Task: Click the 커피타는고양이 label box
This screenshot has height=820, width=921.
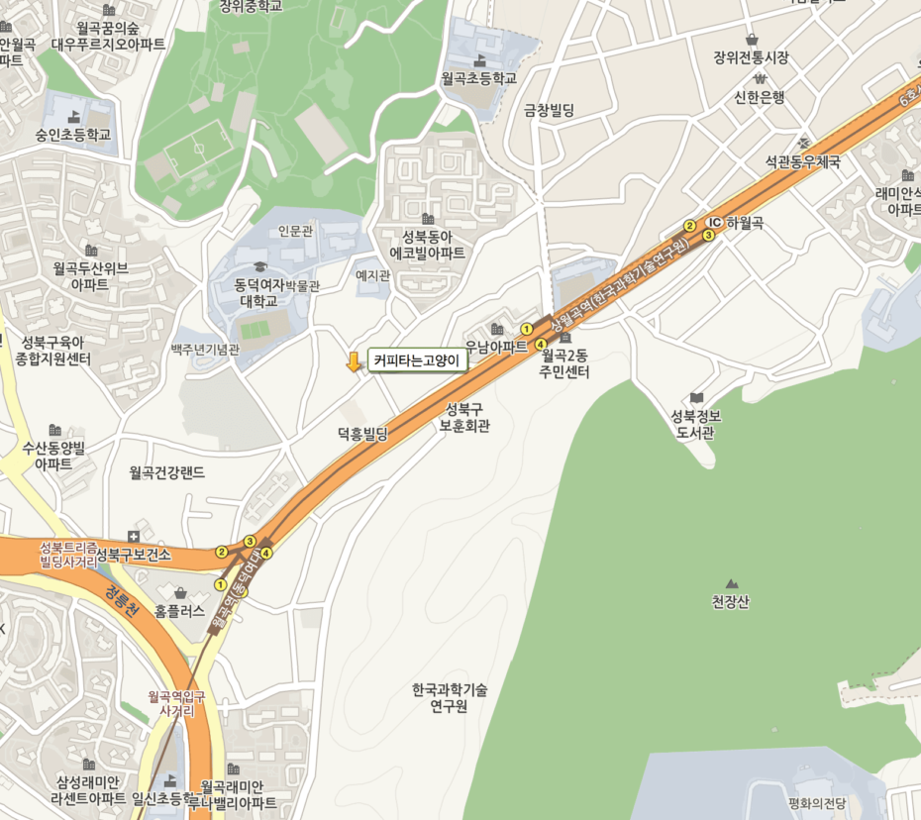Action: click(x=417, y=361)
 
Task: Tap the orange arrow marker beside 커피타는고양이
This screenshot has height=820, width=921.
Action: click(x=354, y=361)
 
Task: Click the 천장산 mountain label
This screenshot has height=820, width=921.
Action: click(x=731, y=601)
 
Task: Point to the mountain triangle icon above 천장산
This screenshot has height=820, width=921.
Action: click(x=732, y=584)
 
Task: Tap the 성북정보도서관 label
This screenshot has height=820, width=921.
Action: click(x=696, y=424)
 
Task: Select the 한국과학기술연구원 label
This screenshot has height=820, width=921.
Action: click(x=451, y=697)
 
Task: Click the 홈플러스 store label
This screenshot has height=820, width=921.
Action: click(x=179, y=611)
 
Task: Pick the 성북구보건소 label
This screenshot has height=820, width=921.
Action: click(x=134, y=555)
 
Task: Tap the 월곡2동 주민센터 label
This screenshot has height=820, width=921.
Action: click(x=565, y=363)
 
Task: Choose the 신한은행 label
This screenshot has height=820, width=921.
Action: click(x=760, y=97)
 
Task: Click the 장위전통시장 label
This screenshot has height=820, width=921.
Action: click(x=751, y=57)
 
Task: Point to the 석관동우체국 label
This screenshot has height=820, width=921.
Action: click(x=803, y=161)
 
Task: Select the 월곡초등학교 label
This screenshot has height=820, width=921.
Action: click(x=479, y=77)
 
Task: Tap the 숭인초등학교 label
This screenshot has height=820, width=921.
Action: click(x=73, y=135)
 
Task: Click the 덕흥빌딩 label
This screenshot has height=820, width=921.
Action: click(x=361, y=434)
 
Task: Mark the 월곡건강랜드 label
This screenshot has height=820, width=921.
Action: click(x=166, y=472)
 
